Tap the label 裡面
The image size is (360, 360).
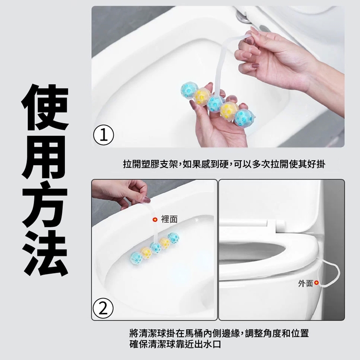click(169, 219)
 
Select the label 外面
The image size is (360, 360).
click(305, 284)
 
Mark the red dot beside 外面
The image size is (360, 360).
click(317, 284)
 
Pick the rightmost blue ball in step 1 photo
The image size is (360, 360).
click(244, 118)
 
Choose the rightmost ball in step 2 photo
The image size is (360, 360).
click(174, 238)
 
